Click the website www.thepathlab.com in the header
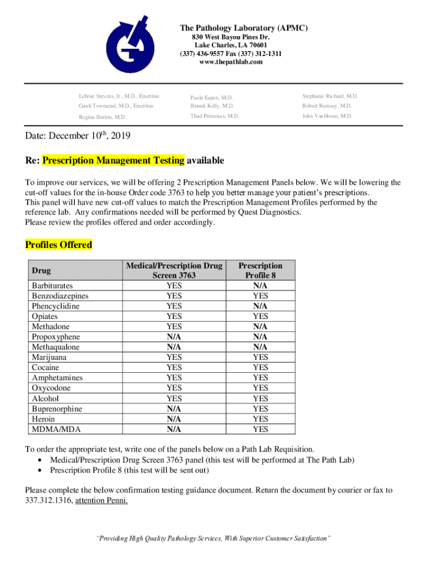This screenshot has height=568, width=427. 230,62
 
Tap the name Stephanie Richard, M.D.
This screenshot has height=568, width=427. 330,96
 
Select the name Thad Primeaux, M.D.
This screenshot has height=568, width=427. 215,116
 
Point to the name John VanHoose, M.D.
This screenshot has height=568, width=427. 327,116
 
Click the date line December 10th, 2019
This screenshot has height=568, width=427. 77,136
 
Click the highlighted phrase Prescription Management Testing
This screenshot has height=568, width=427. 113,161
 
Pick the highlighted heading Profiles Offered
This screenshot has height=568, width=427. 58,245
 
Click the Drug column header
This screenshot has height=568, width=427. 42,271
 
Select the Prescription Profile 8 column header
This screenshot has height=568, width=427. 260,270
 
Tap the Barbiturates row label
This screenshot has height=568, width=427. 52,286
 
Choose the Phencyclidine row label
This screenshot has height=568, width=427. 55,306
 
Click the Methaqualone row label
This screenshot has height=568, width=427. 55,347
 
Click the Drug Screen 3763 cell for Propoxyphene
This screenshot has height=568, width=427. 174,337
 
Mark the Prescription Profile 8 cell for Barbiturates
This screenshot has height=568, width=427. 260,286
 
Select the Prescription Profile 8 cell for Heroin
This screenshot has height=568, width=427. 260,419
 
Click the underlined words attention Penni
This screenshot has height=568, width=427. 101,500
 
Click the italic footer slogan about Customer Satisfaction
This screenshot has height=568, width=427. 213,539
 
